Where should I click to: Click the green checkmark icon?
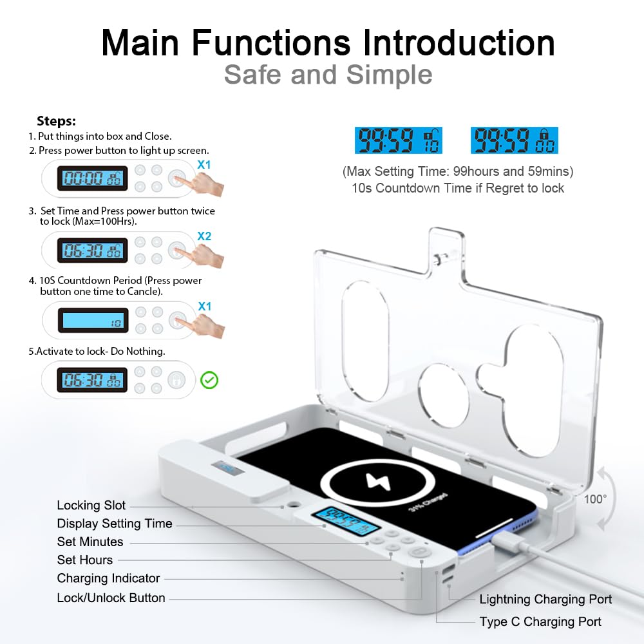209,380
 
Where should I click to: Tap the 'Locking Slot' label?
91,506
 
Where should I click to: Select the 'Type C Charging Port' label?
540,621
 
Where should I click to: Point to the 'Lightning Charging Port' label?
545,600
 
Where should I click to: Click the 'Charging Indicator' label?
108,578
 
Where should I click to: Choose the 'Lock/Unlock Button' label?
111,598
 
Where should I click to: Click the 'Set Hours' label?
84,560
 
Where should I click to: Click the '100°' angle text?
595,499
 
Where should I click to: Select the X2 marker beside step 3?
204,236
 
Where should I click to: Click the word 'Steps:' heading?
56,121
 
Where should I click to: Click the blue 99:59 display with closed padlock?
514,140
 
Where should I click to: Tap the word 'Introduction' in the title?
459,43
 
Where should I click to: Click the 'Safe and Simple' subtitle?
328,75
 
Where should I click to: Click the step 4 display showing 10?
93,320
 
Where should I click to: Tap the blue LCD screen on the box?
345,520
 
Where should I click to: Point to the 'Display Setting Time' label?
115,524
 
